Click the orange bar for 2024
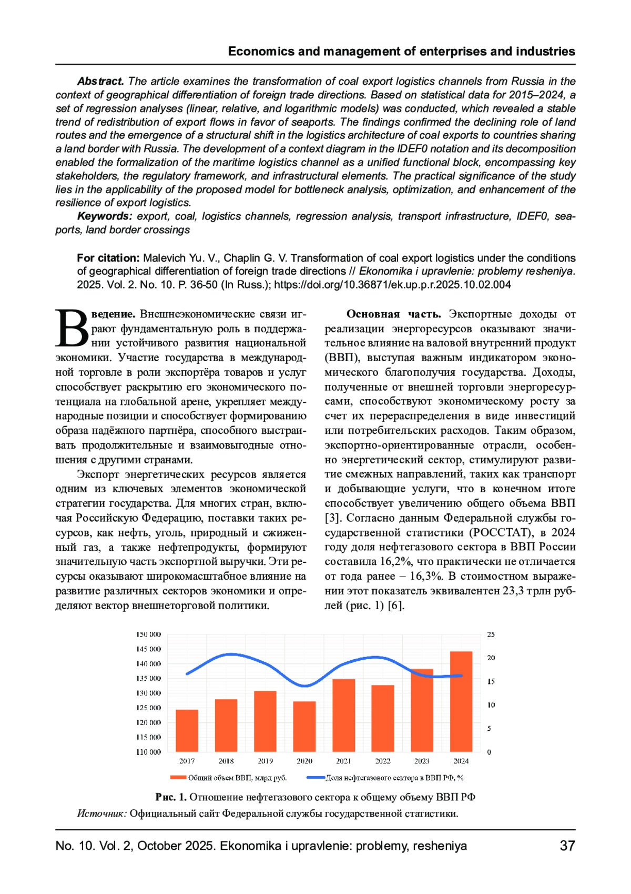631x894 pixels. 461,701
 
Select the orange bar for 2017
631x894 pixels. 187,730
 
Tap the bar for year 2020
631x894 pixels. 304,726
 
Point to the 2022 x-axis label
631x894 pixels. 383,761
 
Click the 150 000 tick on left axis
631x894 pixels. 149,634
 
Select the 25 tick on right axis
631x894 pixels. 491,634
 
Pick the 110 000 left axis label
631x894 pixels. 149,752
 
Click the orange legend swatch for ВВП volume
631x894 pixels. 178,777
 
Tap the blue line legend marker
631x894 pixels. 316,777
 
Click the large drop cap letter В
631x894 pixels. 73,329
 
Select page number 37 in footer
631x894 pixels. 567,846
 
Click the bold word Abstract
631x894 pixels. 100,82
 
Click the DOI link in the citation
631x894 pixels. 392,285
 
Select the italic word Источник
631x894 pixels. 101,813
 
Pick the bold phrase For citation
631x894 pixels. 108,258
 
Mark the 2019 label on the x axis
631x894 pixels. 265,761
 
